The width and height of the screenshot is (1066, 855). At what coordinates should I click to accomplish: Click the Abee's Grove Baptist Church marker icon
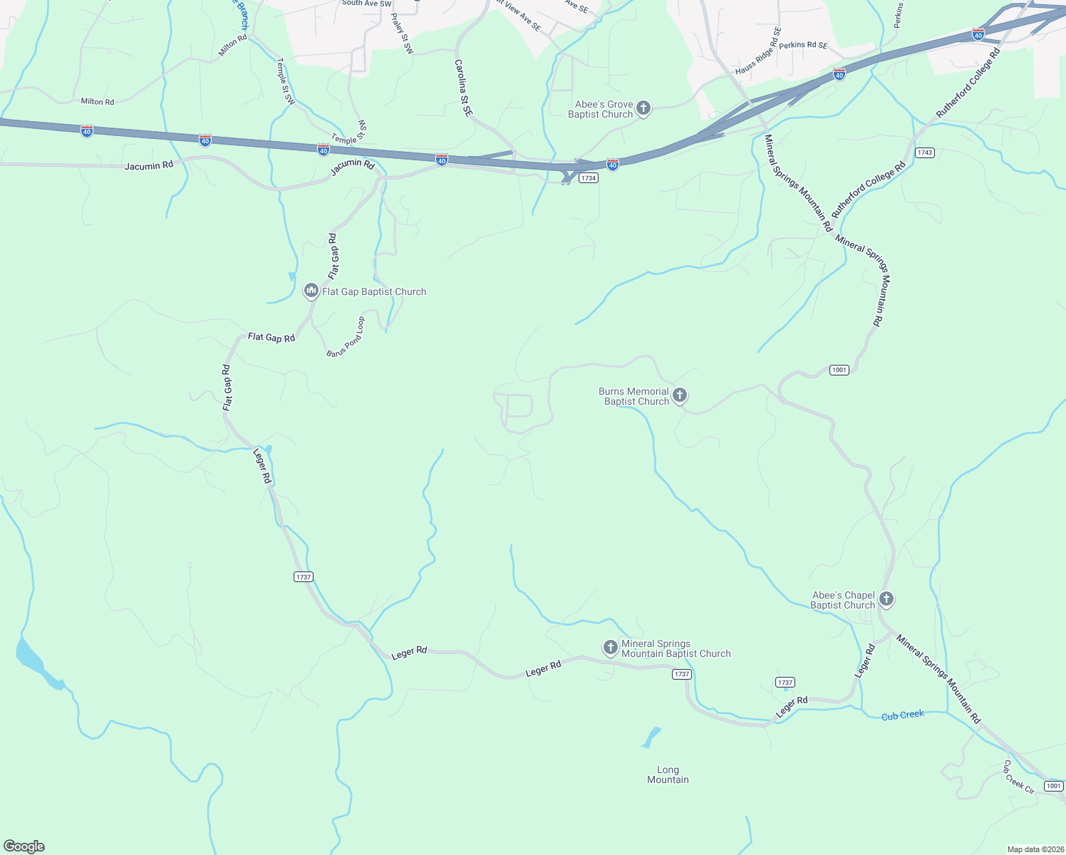coord(643,108)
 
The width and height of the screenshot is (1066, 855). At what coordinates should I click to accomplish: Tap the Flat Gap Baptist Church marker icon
coord(311,291)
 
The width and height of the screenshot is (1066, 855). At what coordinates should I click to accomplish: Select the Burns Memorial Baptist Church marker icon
coord(680,395)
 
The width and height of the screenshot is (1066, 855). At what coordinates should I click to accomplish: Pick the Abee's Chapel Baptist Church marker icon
coord(886,599)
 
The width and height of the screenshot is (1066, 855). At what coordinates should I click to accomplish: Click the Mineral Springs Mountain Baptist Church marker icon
coord(610,647)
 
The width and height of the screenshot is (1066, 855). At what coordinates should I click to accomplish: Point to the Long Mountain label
coord(668,774)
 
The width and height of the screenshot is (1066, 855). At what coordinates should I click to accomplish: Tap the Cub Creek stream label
coord(902,715)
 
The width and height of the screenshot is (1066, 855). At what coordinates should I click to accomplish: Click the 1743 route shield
coord(925,152)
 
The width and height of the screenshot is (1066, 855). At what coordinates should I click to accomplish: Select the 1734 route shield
coord(588,178)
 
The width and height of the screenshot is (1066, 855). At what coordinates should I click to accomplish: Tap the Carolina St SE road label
coord(463,88)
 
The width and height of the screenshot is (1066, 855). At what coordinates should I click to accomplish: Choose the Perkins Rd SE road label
coord(803,45)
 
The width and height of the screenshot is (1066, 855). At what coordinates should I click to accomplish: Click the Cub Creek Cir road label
coord(1018,777)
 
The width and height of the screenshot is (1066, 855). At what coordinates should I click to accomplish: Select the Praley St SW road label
coord(403,34)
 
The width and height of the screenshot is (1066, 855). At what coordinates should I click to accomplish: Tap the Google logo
coord(24,846)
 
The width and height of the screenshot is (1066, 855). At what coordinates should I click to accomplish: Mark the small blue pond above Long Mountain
coord(651,737)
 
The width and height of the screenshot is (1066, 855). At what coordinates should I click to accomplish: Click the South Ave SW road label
coord(366,4)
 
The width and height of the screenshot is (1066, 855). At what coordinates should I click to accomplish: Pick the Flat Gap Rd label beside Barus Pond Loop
coord(271,337)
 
